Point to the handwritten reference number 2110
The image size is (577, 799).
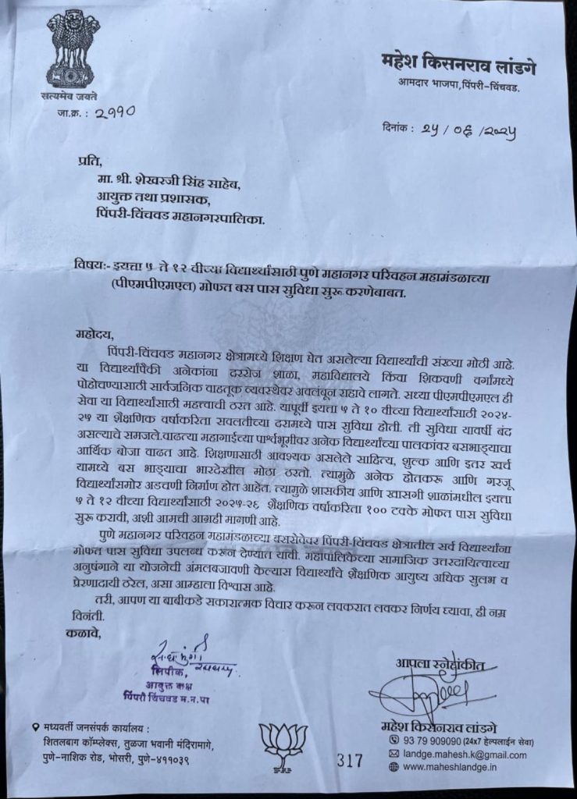[x=116, y=112]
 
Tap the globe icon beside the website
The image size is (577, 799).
[x=393, y=769]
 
